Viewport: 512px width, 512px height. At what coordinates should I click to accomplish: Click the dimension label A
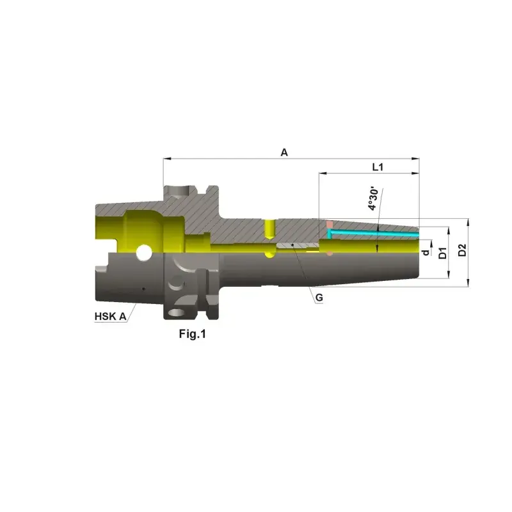click(284, 152)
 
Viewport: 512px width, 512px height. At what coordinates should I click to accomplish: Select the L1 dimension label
click(378, 167)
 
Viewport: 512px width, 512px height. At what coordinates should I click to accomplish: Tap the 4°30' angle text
click(373, 199)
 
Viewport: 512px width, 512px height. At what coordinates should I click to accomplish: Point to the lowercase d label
click(426, 252)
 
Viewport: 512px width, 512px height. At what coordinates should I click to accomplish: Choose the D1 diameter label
click(442, 253)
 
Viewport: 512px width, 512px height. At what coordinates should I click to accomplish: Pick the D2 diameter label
click(462, 250)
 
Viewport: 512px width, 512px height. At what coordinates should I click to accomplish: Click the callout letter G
click(319, 298)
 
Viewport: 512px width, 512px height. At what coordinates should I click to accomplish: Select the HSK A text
click(110, 316)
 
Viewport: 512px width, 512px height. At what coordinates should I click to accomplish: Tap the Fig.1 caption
click(193, 333)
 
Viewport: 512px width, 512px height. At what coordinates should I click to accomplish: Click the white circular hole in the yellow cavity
click(144, 253)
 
